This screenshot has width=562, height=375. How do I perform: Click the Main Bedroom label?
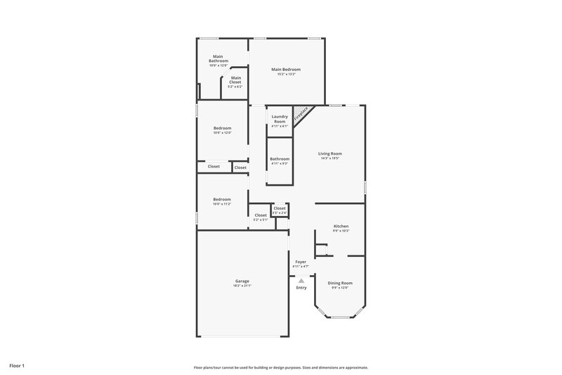286,69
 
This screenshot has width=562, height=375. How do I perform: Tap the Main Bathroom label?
218,58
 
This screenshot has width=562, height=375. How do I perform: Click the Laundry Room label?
279,119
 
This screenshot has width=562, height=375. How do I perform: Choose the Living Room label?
330,153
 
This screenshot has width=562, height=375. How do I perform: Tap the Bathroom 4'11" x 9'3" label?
279,159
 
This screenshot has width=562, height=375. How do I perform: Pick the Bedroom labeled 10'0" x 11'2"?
222,199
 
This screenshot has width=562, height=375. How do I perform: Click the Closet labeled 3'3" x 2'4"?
279,208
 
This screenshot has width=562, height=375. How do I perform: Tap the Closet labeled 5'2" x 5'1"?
261,215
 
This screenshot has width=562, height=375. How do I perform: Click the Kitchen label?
341,227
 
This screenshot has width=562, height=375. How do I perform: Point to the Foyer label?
300,262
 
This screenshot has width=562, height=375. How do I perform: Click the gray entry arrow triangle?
301,280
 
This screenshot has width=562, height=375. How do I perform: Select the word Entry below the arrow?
301,288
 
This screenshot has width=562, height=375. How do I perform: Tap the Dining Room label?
340,283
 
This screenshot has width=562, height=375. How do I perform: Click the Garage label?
242,281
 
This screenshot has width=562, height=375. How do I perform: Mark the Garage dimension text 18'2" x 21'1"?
242,286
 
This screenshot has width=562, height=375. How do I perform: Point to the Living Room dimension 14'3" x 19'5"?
330,158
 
